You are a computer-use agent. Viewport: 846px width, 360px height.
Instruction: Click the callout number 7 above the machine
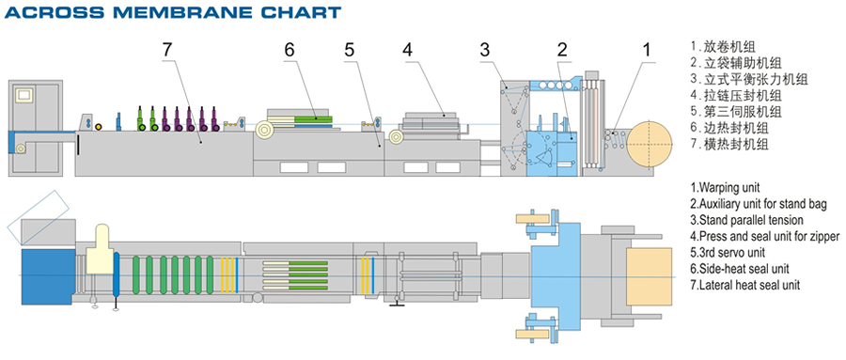tap(167, 50)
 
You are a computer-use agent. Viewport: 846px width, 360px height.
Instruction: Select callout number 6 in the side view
tap(290, 50)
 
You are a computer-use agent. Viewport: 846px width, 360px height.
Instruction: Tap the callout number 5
tap(350, 50)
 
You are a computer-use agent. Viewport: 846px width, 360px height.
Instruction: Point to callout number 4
tap(407, 50)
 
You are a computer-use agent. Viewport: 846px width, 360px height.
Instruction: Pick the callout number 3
tap(485, 50)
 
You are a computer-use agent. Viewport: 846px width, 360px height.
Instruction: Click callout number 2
tap(562, 50)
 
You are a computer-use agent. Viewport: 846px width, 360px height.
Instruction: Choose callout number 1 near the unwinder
tap(646, 50)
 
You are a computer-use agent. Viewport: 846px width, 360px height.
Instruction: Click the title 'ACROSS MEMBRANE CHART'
tap(173, 12)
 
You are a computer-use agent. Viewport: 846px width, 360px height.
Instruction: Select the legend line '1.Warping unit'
tap(725, 188)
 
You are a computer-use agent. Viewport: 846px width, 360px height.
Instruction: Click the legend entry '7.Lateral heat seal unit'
tap(745, 285)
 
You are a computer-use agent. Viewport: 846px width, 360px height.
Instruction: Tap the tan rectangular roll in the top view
tap(649, 275)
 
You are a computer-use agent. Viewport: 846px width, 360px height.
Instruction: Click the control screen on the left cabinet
tap(24, 94)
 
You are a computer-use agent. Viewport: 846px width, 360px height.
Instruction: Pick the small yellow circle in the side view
tap(98, 127)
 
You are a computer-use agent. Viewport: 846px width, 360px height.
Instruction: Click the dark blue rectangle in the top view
tap(48, 276)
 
